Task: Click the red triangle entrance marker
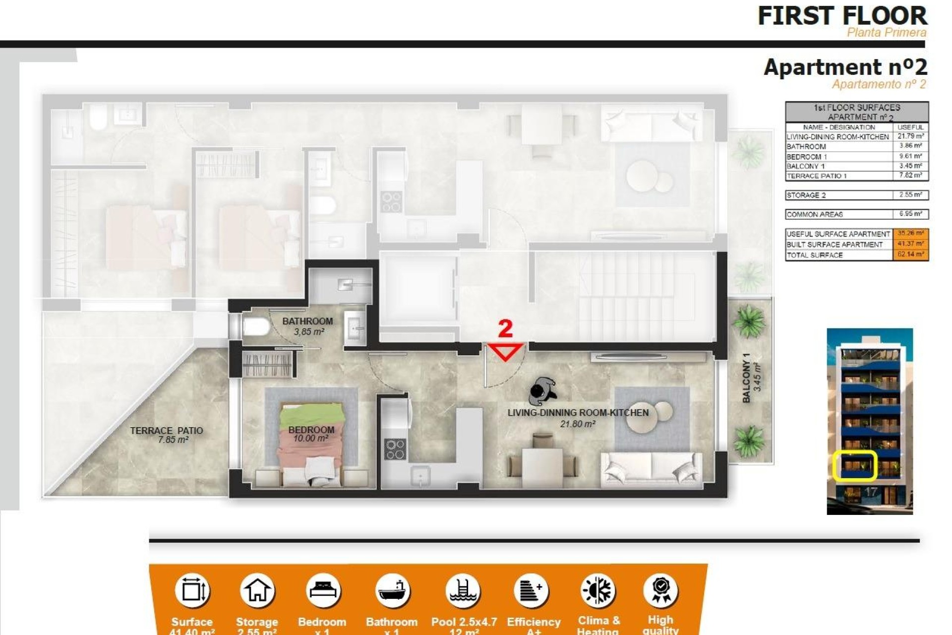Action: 505,351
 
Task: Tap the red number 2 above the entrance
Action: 505,328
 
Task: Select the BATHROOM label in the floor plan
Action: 307,321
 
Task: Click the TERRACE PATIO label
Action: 166,431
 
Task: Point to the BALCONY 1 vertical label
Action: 746,378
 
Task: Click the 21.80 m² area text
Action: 578,424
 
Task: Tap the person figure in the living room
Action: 542,391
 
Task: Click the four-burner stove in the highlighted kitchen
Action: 395,449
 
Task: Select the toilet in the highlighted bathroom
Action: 255,327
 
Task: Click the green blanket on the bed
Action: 311,414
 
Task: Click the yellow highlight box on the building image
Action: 855,465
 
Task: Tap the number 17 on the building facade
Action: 871,493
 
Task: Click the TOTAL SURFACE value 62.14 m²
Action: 910,254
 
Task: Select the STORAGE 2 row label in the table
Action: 806,195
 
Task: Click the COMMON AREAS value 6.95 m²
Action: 910,214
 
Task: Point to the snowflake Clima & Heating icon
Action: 598,591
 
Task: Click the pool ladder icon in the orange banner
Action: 463,590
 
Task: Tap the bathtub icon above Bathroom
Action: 392,590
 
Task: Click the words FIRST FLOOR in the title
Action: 842,16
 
